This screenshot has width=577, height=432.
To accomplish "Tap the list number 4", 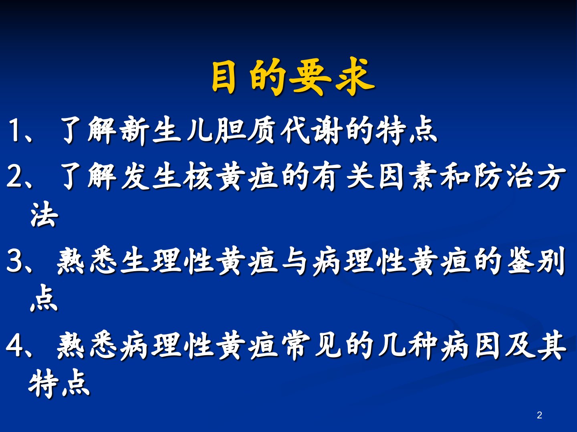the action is tap(14, 346).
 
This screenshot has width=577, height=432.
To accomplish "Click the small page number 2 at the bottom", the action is tap(539, 415).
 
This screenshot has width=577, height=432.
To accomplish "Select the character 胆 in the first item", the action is tap(230, 130).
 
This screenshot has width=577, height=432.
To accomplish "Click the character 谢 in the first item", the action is tap(328, 130).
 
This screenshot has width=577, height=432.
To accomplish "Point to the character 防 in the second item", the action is tap(488, 176).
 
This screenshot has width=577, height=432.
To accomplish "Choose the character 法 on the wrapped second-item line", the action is tap(44, 214).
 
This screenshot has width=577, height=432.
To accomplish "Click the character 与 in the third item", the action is tap(295, 261).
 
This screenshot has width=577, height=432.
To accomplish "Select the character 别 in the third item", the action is tap(551, 261).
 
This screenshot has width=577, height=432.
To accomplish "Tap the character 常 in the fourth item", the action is tap(296, 346).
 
